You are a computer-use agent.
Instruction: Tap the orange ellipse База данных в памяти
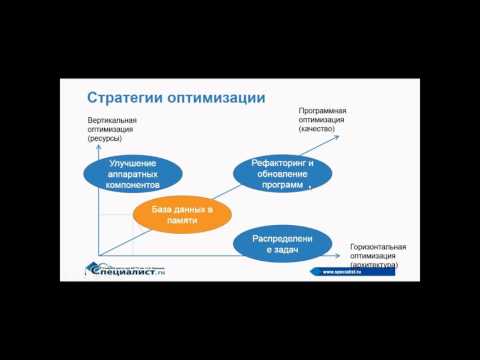point(182,213)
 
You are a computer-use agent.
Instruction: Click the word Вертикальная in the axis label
point(112,121)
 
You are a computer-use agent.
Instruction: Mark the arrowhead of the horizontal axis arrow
point(342,257)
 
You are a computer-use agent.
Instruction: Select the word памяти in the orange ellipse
point(182,220)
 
